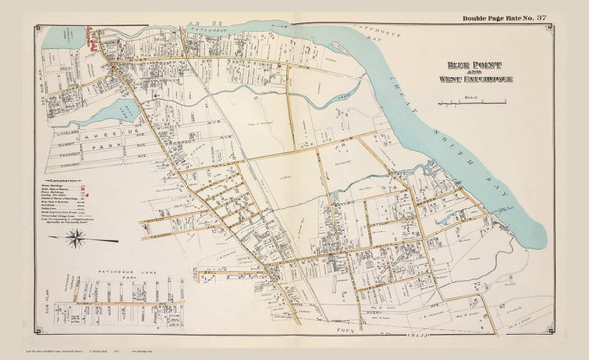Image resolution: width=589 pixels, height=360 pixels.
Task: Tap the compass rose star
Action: click(77, 236)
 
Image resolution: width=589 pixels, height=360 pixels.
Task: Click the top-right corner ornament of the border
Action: click(566, 27)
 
